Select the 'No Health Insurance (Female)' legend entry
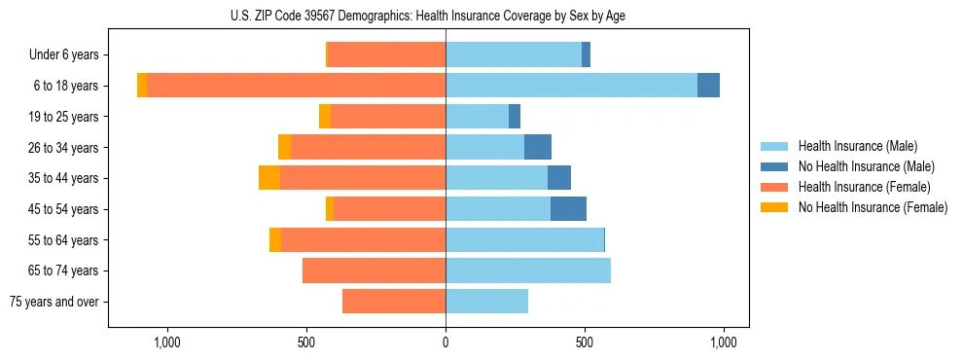click(873, 207)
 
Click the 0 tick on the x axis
click(446, 342)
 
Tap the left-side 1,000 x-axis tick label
click(167, 342)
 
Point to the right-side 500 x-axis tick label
click(585, 342)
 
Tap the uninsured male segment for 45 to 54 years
click(568, 209)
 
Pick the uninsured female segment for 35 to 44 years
click(269, 178)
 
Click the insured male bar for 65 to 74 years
click(528, 270)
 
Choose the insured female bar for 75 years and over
click(394, 302)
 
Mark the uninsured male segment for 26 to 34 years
click(538, 147)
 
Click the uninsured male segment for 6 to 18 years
click(708, 86)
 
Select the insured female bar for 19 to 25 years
click(388, 117)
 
